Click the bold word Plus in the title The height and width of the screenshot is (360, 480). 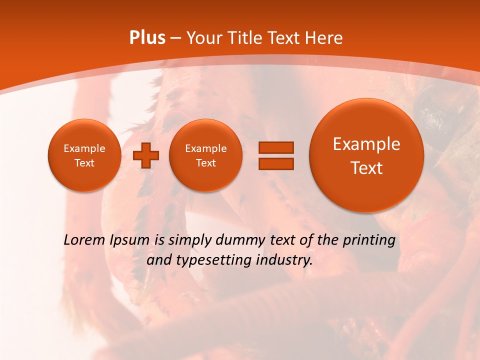tap(147, 38)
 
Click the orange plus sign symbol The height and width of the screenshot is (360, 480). tap(145, 155)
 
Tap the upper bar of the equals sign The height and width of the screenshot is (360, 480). tap(275, 147)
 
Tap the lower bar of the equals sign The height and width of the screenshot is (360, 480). tap(275, 163)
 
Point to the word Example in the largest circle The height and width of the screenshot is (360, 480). tap(366, 144)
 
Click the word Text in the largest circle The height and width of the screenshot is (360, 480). tap(366, 168)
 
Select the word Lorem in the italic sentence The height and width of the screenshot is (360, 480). tap(84, 240)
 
